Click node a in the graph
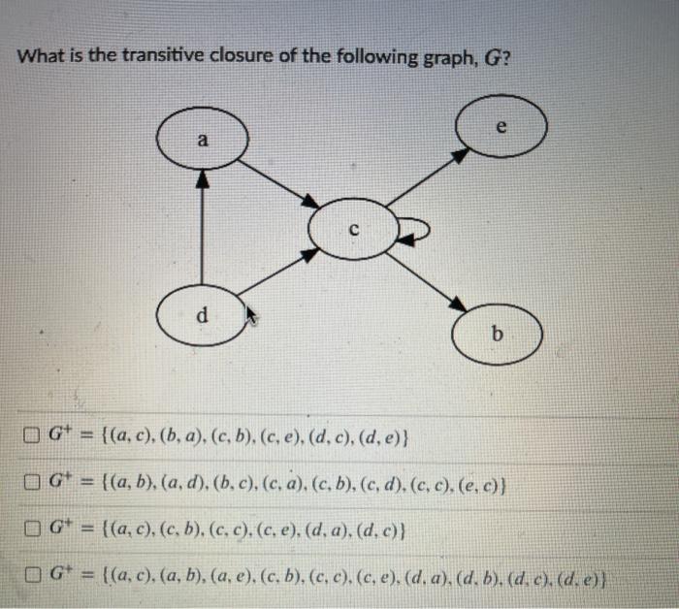tap(202, 141)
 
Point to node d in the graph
tap(202, 315)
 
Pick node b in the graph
tap(498, 336)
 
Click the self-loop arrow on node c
tap(415, 231)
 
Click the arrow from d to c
tap(276, 272)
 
